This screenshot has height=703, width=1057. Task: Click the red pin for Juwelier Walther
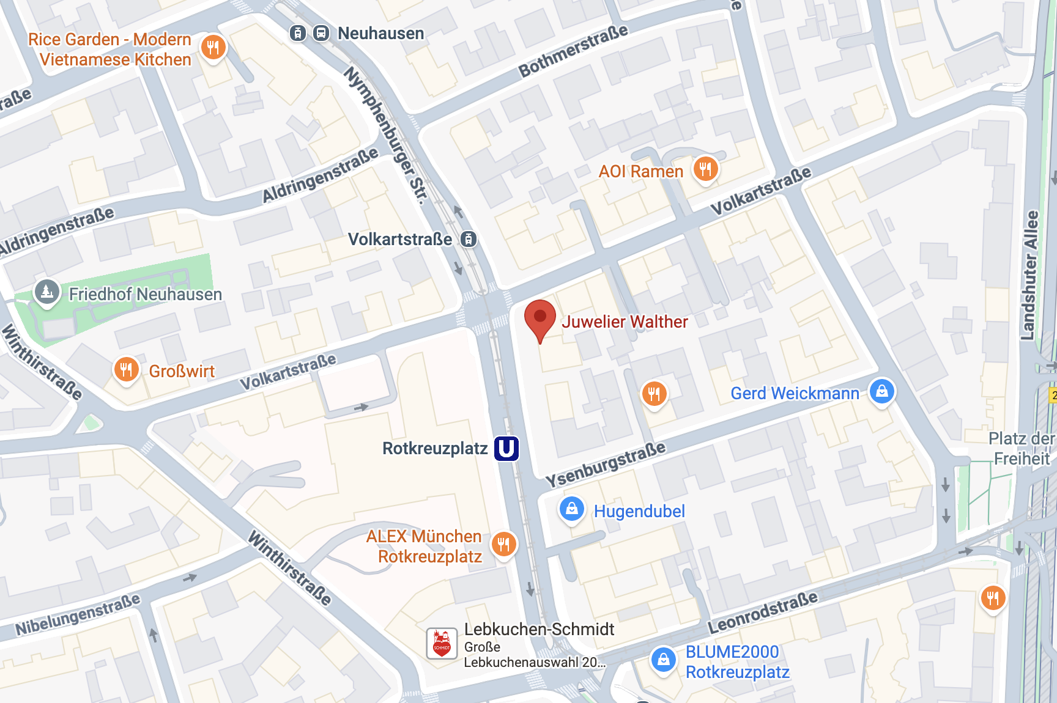[x=540, y=318]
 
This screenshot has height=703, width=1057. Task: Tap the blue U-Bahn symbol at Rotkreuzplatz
[x=506, y=449]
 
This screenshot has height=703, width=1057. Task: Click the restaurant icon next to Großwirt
[x=126, y=369]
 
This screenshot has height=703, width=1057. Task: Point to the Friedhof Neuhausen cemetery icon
[x=47, y=292]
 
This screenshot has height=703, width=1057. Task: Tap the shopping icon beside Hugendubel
[x=572, y=509]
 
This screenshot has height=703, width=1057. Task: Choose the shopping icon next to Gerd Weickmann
[x=881, y=391]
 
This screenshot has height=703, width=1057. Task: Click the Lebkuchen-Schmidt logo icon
[x=442, y=644]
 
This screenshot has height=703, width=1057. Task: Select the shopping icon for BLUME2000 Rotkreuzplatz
[x=663, y=660]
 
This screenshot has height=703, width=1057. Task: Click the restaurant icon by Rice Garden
[x=213, y=47]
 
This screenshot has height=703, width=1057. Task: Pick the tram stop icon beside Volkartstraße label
[x=469, y=239]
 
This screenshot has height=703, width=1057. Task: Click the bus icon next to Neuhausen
[x=321, y=33]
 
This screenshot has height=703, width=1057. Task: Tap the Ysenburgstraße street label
[x=605, y=464]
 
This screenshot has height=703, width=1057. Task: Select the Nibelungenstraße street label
[x=78, y=614]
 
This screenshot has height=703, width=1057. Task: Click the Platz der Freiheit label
[x=1021, y=448]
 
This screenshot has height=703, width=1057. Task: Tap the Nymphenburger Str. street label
[x=385, y=134]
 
